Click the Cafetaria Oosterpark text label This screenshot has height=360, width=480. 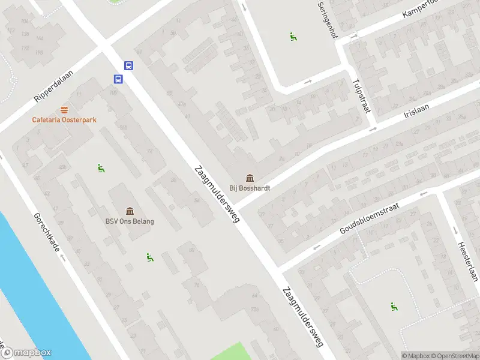point(64,119)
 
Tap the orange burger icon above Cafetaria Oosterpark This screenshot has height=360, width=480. point(64,110)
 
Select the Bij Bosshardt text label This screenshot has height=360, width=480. point(250,188)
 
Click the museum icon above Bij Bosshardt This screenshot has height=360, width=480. point(250,178)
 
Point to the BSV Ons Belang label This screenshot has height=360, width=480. point(130,221)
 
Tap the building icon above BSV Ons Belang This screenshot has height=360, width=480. point(130,211)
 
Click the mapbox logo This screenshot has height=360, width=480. point(26,353)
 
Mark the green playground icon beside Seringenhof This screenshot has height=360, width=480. point(293,36)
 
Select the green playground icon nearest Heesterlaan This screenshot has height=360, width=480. point(394,307)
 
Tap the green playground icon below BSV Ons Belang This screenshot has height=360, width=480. point(149,257)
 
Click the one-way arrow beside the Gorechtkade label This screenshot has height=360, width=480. point(63,258)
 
